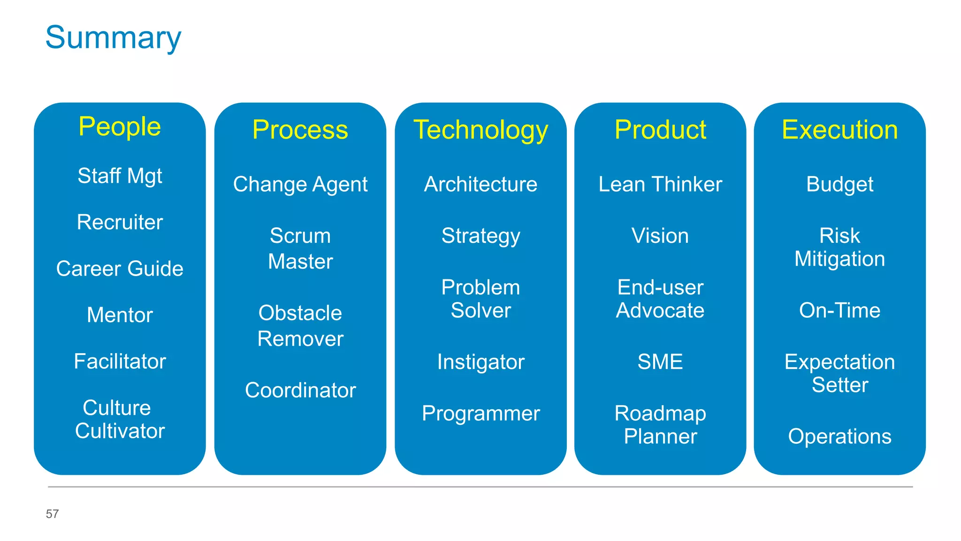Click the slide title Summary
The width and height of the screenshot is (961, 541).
point(113,38)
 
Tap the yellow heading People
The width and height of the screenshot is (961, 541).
point(120,127)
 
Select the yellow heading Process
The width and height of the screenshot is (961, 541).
point(300,130)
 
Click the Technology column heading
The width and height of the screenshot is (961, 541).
point(480,130)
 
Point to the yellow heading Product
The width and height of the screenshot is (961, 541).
point(660,130)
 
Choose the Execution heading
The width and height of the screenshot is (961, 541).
point(839,130)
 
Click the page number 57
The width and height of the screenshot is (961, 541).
point(52,514)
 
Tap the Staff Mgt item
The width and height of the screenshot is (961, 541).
point(120,176)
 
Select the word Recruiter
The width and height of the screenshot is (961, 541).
point(120,222)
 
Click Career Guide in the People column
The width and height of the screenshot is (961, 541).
point(120,269)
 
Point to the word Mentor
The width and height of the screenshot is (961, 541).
point(120,315)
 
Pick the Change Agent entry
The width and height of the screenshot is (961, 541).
point(300,185)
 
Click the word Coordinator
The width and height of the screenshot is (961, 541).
point(300,390)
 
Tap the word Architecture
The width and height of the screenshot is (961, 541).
point(480,184)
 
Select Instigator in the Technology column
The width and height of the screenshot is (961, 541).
point(480,362)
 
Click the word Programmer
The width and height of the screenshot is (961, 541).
point(480,414)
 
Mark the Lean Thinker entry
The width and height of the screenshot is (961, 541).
point(660,184)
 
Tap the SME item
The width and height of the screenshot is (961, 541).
point(660,362)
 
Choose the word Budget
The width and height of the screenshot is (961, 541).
point(839,185)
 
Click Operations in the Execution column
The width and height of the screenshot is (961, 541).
point(839,437)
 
